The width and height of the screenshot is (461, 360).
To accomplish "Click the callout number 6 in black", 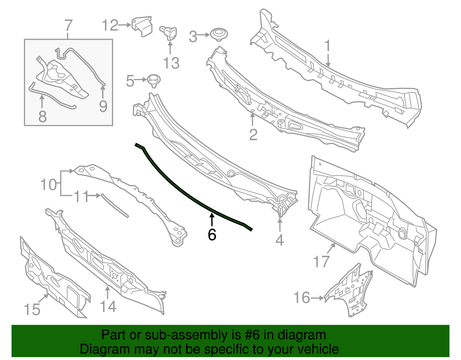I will pyautogui.click(x=212, y=235).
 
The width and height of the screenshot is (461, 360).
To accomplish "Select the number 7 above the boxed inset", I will pyautogui.click(x=68, y=26).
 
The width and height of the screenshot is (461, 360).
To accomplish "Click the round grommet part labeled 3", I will pyautogui.click(x=219, y=34).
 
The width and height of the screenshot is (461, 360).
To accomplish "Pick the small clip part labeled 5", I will pyautogui.click(x=154, y=80).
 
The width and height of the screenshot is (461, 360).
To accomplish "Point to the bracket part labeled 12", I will pyautogui.click(x=143, y=26).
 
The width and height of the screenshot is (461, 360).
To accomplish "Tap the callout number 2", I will pyautogui.click(x=253, y=135).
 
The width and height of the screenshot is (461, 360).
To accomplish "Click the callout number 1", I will pyautogui.click(x=327, y=46).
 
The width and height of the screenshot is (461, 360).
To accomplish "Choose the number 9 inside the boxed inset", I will pyautogui.click(x=103, y=106).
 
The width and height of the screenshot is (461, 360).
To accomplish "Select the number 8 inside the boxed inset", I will pyautogui.click(x=42, y=116).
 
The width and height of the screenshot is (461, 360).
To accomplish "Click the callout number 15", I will pyautogui.click(x=32, y=310).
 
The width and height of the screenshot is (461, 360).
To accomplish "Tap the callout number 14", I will pyautogui.click(x=108, y=306).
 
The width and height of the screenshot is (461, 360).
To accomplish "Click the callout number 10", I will pyautogui.click(x=49, y=184).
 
